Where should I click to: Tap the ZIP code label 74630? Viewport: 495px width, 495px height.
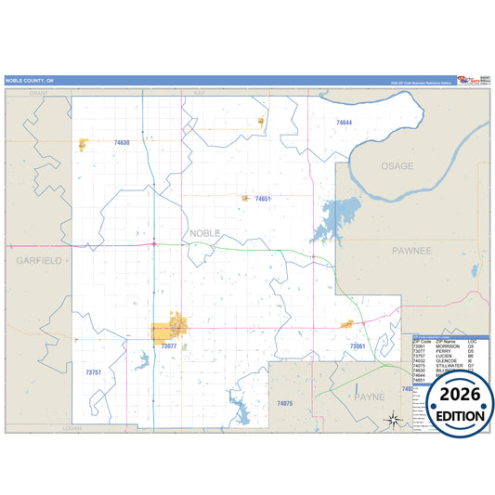(122, 143)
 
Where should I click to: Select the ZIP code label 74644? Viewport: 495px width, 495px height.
(345, 123)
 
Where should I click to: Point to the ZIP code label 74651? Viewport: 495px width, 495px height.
(263, 199)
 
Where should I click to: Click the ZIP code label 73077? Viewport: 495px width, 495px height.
(168, 346)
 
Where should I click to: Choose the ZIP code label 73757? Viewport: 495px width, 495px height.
(93, 371)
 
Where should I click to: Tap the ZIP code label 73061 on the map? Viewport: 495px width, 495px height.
(358, 345)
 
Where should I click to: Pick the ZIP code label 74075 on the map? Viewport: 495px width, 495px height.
(285, 403)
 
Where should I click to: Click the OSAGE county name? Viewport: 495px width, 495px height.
(397, 165)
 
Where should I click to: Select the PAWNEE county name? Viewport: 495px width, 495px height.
(411, 251)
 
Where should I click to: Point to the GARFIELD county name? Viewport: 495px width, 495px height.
(38, 261)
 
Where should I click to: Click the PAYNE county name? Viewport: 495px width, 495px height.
(368, 397)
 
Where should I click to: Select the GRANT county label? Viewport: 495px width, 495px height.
(38, 94)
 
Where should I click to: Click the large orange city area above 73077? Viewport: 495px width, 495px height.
(169, 331)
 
